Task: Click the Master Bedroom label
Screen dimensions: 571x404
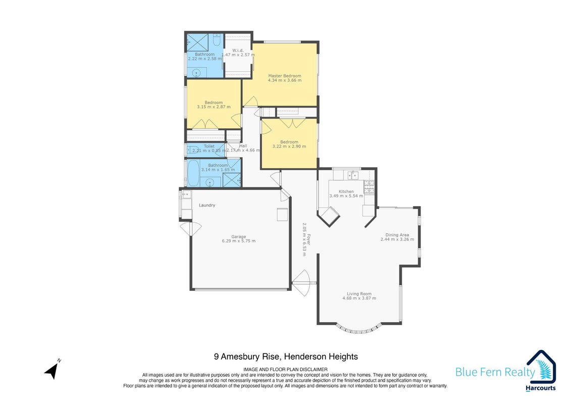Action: point(284,76)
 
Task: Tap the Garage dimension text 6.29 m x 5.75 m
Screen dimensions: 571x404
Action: point(238,241)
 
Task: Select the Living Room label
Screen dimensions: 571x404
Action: point(359,293)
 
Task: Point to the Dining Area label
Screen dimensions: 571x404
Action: point(397,235)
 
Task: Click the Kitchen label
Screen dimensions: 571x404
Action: point(346,191)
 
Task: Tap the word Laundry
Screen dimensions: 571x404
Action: point(207,205)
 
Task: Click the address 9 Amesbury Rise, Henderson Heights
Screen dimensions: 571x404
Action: point(286,357)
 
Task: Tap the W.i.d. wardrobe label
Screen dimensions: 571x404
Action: point(238,50)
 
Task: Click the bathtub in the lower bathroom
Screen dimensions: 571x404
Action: point(193,173)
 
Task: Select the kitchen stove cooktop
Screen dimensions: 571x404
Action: point(369,187)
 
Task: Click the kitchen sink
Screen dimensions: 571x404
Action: point(352,175)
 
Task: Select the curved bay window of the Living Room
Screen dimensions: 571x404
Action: point(358,329)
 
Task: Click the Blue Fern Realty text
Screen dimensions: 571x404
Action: point(495,372)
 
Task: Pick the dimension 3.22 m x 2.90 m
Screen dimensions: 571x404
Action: point(289,146)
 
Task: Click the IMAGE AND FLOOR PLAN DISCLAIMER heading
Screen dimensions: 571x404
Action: point(286,369)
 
